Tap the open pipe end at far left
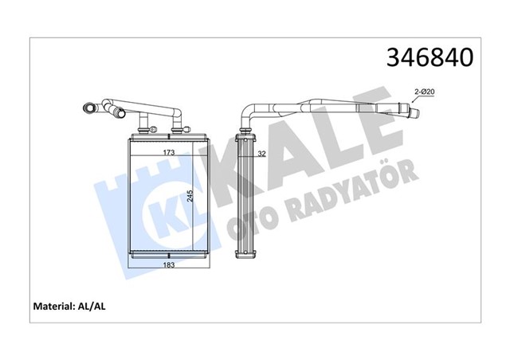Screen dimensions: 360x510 coord(86,106)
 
